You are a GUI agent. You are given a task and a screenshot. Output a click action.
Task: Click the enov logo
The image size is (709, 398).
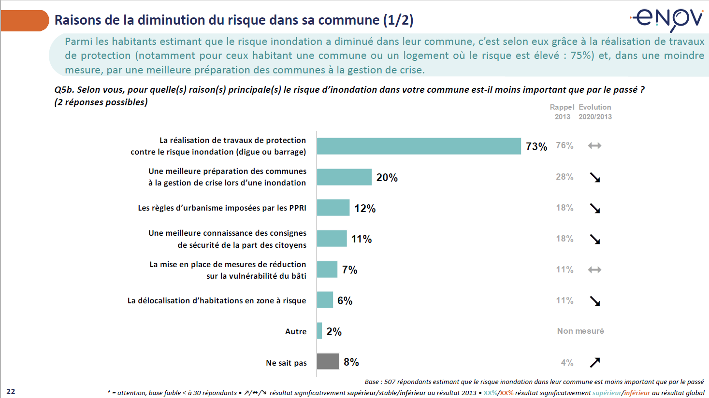(x=668, y=19)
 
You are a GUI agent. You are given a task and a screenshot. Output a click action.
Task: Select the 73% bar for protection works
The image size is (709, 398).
(x=419, y=146)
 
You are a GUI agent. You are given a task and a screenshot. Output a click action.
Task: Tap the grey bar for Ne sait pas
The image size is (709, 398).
(x=328, y=361)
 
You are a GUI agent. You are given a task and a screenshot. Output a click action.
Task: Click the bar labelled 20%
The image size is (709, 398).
(x=344, y=177)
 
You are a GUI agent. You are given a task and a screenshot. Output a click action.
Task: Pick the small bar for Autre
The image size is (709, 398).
(x=319, y=331)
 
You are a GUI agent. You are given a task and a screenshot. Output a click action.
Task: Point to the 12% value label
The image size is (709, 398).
(x=365, y=208)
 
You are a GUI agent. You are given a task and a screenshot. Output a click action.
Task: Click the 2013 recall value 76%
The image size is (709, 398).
(x=564, y=145)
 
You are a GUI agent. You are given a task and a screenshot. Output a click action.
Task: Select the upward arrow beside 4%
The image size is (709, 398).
(x=595, y=362)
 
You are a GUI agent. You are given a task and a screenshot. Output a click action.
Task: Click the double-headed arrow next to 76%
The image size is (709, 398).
(x=594, y=145)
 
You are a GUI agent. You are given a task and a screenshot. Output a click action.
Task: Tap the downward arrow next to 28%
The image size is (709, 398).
(x=595, y=177)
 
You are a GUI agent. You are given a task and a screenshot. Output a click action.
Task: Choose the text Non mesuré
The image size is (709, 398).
(x=580, y=331)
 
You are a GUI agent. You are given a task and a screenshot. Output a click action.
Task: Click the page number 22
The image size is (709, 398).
(x=11, y=391)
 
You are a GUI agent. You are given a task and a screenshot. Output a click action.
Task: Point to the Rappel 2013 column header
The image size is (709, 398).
(x=562, y=112)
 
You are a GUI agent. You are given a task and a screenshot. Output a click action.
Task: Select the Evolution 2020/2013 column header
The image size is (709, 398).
(x=595, y=112)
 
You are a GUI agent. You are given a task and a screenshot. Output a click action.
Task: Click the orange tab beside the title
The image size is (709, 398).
(x=24, y=21)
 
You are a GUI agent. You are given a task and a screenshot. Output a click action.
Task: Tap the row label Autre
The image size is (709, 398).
(x=296, y=331)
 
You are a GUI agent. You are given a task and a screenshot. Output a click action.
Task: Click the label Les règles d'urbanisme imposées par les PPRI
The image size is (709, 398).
(x=222, y=208)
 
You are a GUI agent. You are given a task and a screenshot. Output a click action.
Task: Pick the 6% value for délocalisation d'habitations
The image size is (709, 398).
(x=345, y=300)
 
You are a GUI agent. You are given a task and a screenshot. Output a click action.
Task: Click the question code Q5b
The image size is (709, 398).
(x=64, y=90)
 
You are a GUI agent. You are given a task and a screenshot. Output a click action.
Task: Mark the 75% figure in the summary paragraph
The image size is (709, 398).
(x=581, y=56)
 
